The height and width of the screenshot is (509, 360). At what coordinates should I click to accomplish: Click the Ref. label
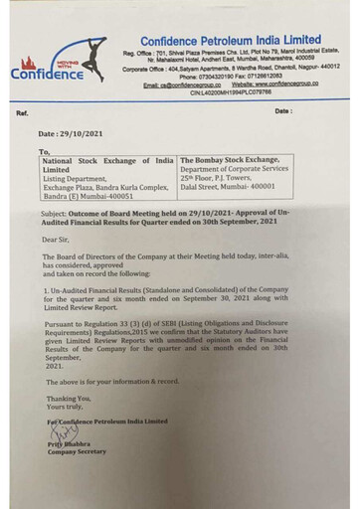[22, 111]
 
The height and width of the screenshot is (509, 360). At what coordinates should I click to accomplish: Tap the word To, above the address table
[44, 151]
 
